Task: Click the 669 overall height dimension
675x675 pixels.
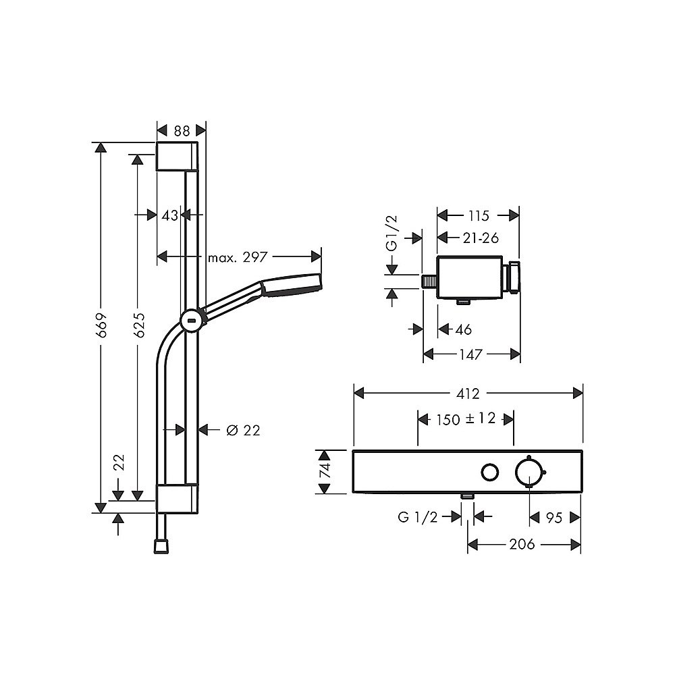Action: [x=102, y=325]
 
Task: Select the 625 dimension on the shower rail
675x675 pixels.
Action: [x=138, y=325]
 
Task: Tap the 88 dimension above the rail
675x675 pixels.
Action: [x=182, y=131]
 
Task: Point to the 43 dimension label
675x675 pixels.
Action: [x=169, y=215]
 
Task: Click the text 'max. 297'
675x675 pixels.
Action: [x=238, y=257]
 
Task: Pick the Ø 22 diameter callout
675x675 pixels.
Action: [x=243, y=430]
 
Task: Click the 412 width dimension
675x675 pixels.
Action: [x=468, y=394]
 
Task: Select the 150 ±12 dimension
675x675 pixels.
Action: [x=466, y=419]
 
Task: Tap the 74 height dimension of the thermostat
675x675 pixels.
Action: [x=325, y=470]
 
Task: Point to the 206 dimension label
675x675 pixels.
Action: [x=522, y=545]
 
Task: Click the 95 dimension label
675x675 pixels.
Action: [x=554, y=518]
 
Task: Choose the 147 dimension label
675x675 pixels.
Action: [x=470, y=355]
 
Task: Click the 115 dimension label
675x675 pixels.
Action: [x=479, y=215]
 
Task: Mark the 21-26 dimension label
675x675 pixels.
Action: [x=481, y=238]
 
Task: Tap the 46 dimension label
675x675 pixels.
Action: [x=463, y=330]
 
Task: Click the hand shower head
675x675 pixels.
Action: [x=292, y=285]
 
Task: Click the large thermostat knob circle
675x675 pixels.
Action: [x=529, y=472]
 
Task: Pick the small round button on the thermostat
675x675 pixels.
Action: [x=489, y=473]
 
